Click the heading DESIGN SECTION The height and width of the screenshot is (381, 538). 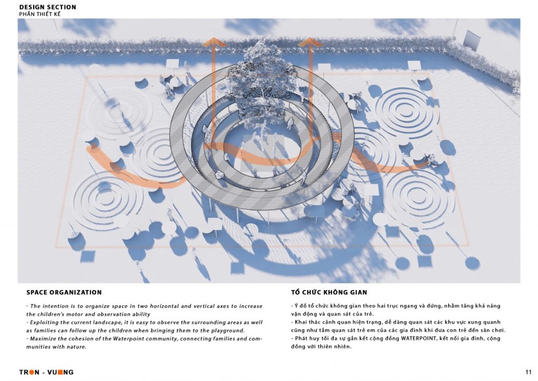[x=48, y=7]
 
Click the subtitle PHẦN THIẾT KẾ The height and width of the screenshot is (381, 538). [x=40, y=14]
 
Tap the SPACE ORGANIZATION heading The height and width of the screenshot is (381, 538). [x=64, y=293]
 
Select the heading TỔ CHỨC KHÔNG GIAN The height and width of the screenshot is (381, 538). [x=329, y=292]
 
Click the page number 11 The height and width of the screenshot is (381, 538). [x=528, y=372]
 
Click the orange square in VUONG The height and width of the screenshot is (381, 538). [x=60, y=372]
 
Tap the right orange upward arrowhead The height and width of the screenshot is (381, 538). [x=309, y=42]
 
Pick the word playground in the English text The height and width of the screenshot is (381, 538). [x=227, y=330]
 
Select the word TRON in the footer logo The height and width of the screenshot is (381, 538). [x=29, y=372]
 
